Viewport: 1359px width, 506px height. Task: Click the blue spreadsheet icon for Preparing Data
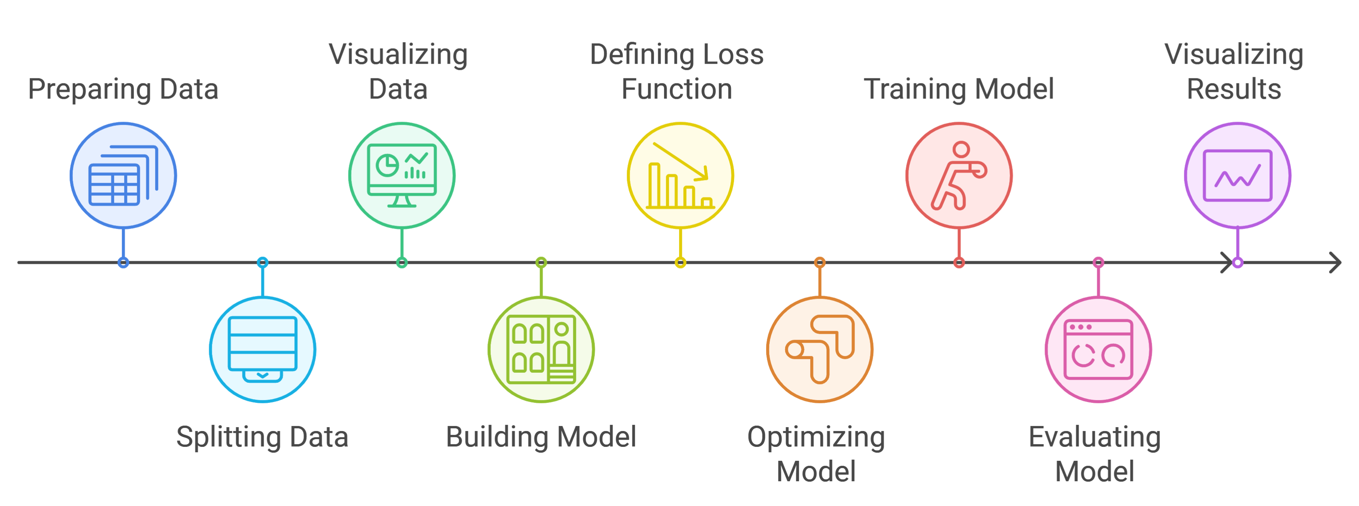pos(123,175)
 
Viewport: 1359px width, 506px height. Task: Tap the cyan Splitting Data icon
pos(262,349)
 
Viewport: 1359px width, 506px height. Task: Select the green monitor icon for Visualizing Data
pos(401,175)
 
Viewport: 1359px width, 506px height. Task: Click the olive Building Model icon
pos(541,349)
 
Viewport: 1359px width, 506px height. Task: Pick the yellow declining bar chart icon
pos(680,175)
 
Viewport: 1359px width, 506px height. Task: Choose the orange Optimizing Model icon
pos(819,349)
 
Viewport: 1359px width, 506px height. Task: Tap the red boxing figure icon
pos(959,175)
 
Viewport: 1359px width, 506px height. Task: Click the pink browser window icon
pos(1098,349)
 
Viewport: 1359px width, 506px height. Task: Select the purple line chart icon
pos(1237,175)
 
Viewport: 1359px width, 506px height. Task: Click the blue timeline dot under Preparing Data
pos(123,262)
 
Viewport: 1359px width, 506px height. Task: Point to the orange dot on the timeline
pos(819,262)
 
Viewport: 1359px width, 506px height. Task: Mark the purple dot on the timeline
pos(1237,262)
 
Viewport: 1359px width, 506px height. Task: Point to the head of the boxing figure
pos(961,149)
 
